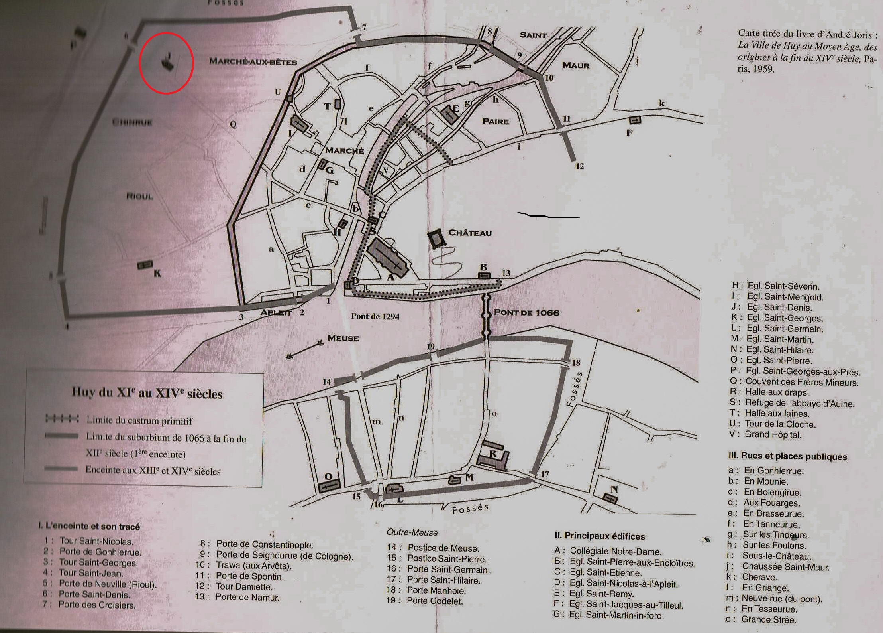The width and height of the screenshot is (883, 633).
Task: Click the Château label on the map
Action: click(470, 233)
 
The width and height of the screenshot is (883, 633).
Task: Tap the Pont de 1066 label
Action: click(526, 312)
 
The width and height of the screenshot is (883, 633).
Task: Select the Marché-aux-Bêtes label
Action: click(253, 61)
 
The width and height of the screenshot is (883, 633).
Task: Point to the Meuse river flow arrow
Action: click(304, 349)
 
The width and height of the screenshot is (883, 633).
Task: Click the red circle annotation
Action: click(167, 63)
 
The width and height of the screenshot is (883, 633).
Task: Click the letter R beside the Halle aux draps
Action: click(493, 454)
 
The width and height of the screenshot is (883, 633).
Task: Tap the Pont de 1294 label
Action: click(375, 316)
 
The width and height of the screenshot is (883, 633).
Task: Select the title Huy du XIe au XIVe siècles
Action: click(147, 393)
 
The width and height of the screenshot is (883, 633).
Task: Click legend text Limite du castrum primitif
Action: click(139, 420)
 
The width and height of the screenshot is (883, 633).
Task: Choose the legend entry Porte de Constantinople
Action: click(265, 544)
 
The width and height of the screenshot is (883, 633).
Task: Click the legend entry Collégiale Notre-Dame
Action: click(616, 551)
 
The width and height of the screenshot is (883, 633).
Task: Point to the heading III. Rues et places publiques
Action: click(787, 456)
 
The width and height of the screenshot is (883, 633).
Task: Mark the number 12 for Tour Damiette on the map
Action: click(579, 166)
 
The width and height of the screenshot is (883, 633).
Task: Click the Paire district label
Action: click(495, 121)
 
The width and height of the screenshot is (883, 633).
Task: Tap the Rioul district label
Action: click(139, 196)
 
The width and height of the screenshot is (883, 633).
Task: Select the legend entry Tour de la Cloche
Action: click(780, 424)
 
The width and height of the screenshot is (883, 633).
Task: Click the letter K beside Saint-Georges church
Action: click(157, 273)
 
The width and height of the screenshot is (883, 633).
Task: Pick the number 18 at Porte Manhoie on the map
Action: click(576, 363)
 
